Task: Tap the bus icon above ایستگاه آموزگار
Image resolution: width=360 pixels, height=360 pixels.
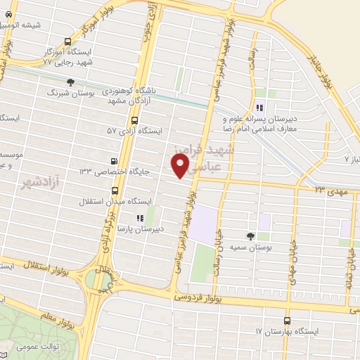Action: click(67, 41)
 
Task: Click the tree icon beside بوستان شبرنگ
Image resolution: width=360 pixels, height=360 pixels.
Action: click(70, 83)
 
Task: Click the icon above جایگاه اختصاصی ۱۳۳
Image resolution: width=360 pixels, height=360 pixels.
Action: click(115, 161)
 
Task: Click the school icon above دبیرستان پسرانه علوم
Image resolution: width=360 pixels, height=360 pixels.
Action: click(259, 108)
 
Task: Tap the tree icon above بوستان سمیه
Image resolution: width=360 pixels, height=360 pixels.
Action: click(251, 236)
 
